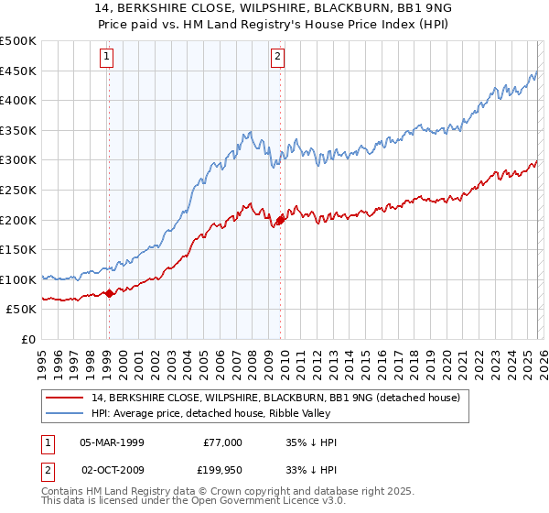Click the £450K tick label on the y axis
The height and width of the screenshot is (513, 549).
[18, 71]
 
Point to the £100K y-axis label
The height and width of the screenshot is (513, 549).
[18, 279]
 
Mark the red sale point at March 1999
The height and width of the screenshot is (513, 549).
[109, 293]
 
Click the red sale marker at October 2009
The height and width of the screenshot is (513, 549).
[280, 220]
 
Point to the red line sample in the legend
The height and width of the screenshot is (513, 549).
[66, 398]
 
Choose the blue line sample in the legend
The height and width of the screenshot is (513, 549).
[66, 413]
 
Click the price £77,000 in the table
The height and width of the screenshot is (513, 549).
[222, 442]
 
